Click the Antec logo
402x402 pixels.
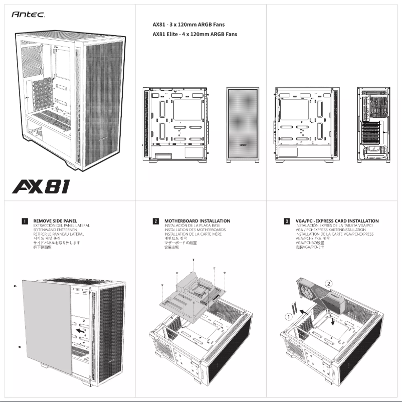(28, 16)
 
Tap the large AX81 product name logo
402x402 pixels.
(41, 187)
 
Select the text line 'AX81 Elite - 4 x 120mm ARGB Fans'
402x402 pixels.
(194, 35)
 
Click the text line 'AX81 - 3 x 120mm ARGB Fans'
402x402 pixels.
(188, 24)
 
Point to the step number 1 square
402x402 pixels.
(25, 221)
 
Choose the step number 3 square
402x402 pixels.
(287, 221)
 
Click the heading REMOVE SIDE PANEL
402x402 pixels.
(55, 221)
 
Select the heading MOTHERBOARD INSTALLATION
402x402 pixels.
(197, 221)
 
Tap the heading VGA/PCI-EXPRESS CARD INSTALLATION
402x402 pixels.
(337, 221)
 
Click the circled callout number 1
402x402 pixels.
(289, 317)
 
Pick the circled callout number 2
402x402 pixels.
(328, 283)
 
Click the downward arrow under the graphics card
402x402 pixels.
(333, 320)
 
